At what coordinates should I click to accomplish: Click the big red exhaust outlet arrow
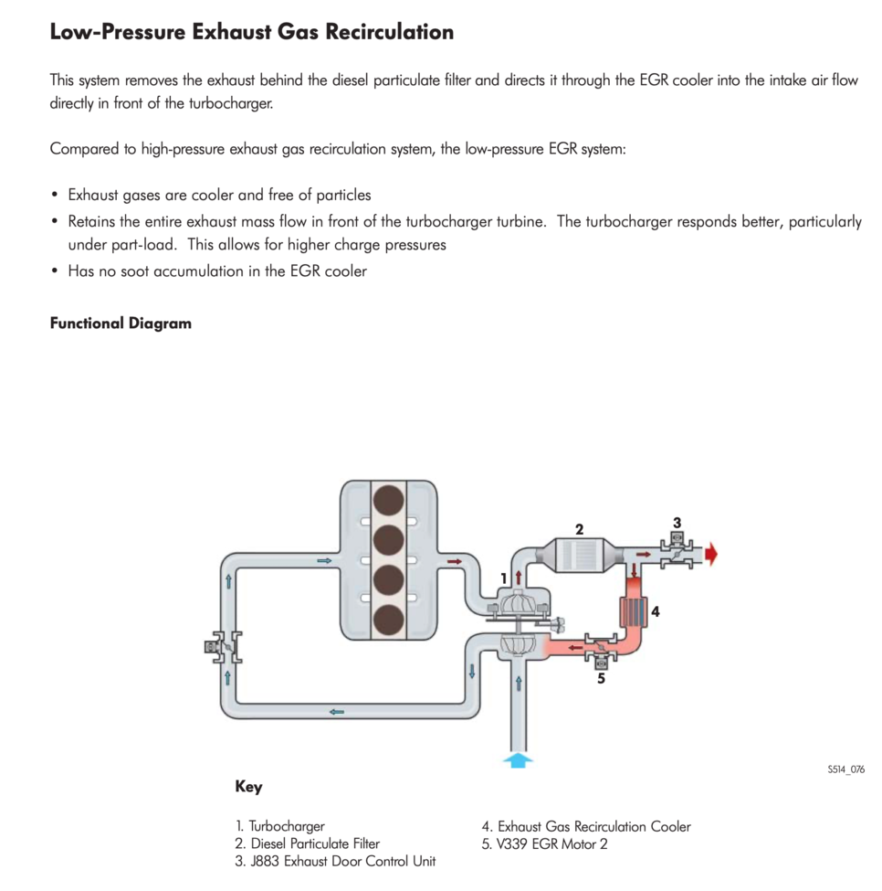(711, 554)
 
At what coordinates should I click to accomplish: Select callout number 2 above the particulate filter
(579, 528)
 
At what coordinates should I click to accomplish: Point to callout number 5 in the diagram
(601, 678)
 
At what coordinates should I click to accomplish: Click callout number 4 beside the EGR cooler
(656, 612)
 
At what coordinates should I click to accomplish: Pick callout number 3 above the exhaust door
(677, 523)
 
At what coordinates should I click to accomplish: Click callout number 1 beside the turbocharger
(503, 578)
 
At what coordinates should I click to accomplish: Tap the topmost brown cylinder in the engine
(389, 501)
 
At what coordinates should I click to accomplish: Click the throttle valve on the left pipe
(223, 648)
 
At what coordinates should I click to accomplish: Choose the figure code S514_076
(845, 769)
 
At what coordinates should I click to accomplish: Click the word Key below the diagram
(248, 787)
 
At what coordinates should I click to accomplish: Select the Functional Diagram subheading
(121, 324)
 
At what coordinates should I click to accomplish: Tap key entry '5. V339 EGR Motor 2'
(544, 843)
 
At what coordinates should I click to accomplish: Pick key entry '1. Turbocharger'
(279, 826)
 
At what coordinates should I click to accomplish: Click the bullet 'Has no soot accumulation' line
(217, 270)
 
